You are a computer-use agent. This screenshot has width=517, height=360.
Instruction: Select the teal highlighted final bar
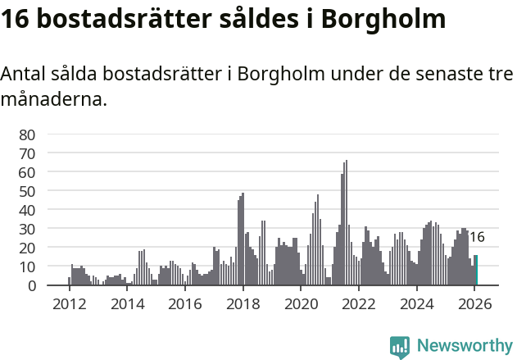[476, 271]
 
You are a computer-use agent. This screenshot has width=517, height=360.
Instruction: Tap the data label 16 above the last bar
[477, 238]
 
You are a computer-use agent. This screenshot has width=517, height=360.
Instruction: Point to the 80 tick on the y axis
[27, 134]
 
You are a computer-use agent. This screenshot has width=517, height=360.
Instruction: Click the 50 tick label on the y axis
[27, 191]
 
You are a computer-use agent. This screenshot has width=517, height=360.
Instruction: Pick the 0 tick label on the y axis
[31, 285]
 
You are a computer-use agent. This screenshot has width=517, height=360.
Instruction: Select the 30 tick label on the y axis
[27, 229]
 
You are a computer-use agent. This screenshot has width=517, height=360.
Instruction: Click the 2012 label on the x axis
[69, 303]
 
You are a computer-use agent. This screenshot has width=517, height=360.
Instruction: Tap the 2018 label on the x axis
[243, 303]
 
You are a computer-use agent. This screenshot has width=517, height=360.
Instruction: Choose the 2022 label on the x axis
[358, 303]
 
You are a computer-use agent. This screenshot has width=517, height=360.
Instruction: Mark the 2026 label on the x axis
[474, 303]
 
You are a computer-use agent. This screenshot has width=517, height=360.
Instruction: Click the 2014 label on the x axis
[127, 303]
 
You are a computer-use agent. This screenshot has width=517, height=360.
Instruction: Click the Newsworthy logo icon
[400, 346]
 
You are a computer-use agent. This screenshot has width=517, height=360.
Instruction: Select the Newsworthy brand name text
[464, 345]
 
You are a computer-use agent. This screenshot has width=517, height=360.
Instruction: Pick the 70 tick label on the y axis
[27, 153]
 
